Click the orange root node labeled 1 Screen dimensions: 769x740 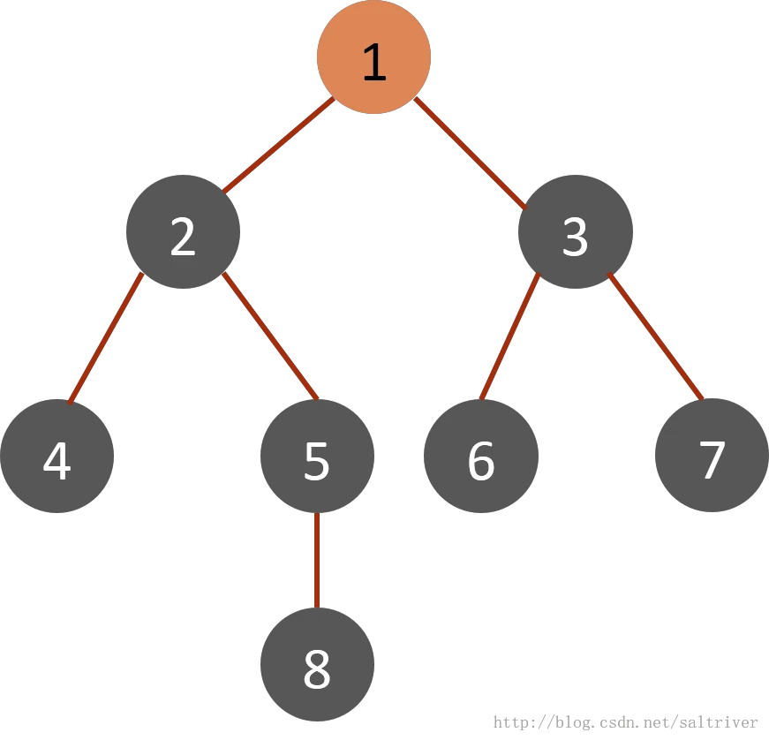[x=373, y=57]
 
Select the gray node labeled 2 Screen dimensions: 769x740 [x=183, y=231]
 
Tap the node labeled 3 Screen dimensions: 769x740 [x=576, y=231]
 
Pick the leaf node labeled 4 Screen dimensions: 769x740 [x=57, y=456]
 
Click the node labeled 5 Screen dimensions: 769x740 [x=317, y=456]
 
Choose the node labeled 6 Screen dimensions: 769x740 [x=481, y=456]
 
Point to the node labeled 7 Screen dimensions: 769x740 [x=712, y=456]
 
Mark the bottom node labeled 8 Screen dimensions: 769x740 [x=317, y=664]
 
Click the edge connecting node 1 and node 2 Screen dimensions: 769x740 [x=278, y=145]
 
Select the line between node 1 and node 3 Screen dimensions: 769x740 [x=471, y=154]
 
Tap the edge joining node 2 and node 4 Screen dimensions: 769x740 [x=106, y=338]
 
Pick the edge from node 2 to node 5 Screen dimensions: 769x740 [x=270, y=336]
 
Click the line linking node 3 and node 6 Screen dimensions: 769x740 [x=510, y=336]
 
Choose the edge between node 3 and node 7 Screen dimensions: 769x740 [x=656, y=336]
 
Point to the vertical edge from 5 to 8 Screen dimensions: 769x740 [x=317, y=561]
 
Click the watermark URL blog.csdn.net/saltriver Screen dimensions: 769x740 [x=625, y=722]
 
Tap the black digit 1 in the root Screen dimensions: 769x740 [x=374, y=62]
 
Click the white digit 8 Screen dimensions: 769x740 [x=317, y=668]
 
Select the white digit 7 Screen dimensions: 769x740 [x=712, y=459]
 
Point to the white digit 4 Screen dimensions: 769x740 [x=57, y=460]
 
